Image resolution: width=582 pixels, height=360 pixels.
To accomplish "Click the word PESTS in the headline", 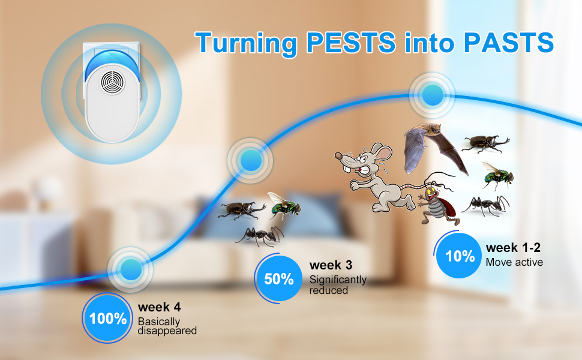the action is point(351,43).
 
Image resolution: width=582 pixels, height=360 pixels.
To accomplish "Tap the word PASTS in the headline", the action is point(509,43).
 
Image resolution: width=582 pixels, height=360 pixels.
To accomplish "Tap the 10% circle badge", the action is point(459,256).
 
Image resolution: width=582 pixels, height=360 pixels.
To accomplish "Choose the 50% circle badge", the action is point(278,279).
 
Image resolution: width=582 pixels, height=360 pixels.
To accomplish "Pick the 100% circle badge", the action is point(107,319).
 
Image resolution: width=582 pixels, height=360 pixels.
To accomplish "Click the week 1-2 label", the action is point(513,248).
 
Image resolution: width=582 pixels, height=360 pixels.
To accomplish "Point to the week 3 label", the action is point(331,265).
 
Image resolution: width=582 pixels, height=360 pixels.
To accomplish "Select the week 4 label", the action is point(159,307).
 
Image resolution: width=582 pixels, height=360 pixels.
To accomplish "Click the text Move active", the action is point(514,262).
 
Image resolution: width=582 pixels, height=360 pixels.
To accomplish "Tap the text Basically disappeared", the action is point(167,326).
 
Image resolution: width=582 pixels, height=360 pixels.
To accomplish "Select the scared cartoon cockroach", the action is point(438,202).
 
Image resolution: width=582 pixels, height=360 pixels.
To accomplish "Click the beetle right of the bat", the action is point(485,143).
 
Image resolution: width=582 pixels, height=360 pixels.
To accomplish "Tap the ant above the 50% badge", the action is point(260,235).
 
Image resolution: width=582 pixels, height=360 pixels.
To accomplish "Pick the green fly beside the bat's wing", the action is point(498,175).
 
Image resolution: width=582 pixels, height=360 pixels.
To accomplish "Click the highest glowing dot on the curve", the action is point(433,95).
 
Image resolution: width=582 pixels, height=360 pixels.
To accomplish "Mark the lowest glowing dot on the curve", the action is point(130,270).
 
